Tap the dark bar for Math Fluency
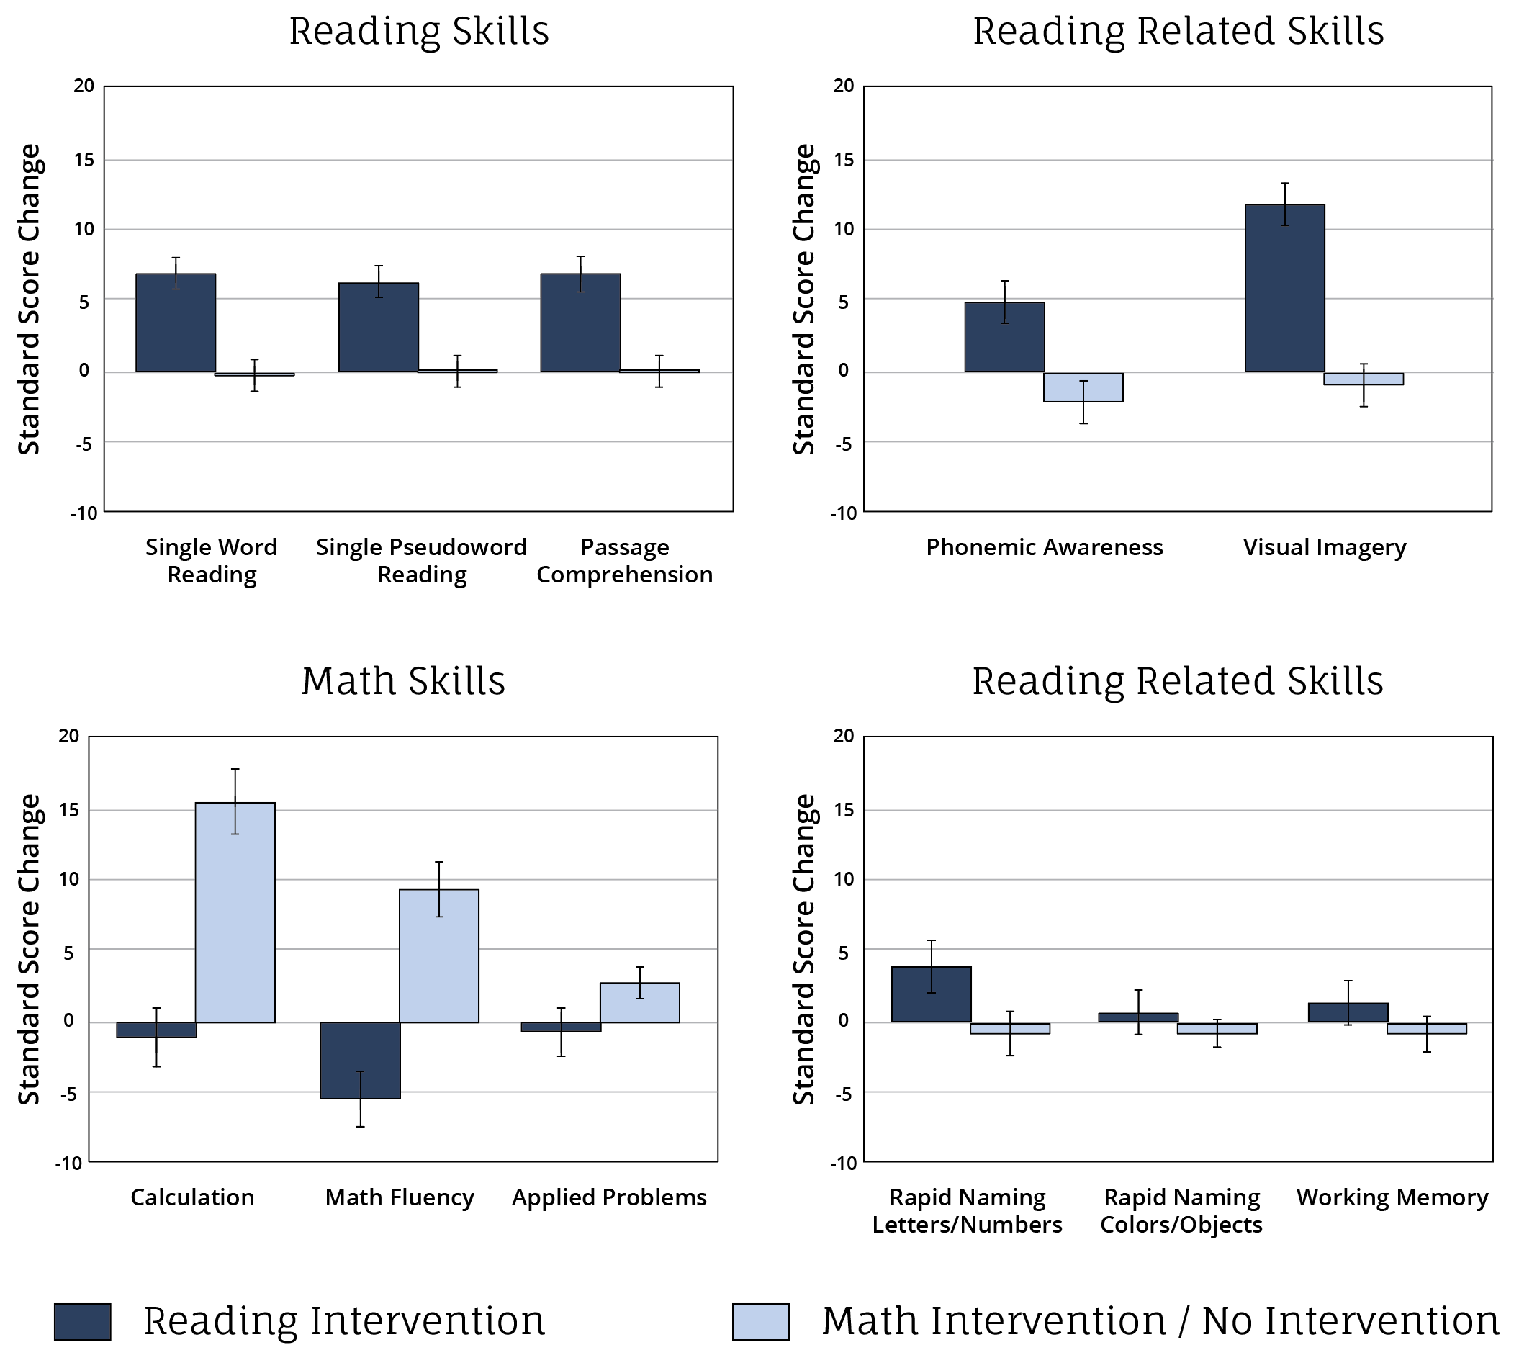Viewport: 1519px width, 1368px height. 360,1060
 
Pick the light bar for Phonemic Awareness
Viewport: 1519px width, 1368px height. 1082,387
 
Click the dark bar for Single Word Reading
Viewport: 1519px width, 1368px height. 175,323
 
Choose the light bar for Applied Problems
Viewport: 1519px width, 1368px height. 639,1002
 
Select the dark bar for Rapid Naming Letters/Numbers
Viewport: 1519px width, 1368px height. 931,994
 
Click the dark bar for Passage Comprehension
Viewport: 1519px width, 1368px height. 580,323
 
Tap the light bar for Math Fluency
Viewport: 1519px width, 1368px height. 438,955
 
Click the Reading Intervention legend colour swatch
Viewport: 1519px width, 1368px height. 82,1321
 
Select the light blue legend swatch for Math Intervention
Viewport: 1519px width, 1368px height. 760,1321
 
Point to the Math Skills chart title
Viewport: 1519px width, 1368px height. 403,680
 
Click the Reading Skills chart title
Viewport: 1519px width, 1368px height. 419,31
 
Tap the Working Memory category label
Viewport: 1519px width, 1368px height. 1392,1197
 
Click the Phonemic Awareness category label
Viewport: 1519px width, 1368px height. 1043,547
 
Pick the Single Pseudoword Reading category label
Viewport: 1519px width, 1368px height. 421,561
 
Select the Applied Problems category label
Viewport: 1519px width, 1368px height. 609,1197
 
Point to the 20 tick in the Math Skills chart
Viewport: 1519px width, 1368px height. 68,736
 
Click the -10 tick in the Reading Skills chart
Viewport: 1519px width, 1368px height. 84,513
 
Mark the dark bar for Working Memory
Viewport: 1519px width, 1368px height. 1347,1012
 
